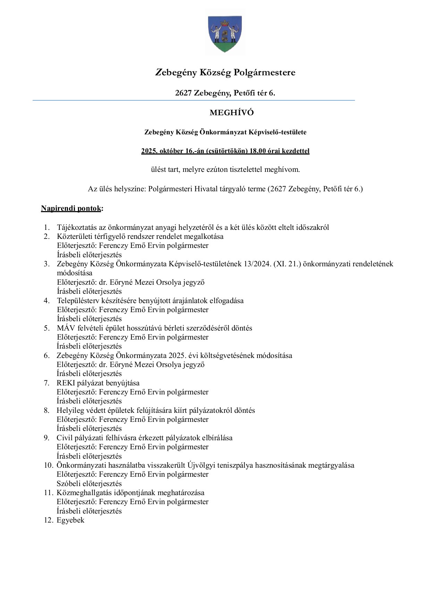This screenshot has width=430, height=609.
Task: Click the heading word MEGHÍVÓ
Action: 231,113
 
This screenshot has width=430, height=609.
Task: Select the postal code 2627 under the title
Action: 184,93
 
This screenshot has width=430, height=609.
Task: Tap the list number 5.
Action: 47,328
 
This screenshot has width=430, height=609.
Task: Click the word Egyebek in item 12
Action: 70,520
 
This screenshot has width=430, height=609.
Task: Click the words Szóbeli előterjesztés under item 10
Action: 89,484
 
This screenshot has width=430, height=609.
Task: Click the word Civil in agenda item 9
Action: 64,438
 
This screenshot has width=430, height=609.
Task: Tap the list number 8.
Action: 47,410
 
